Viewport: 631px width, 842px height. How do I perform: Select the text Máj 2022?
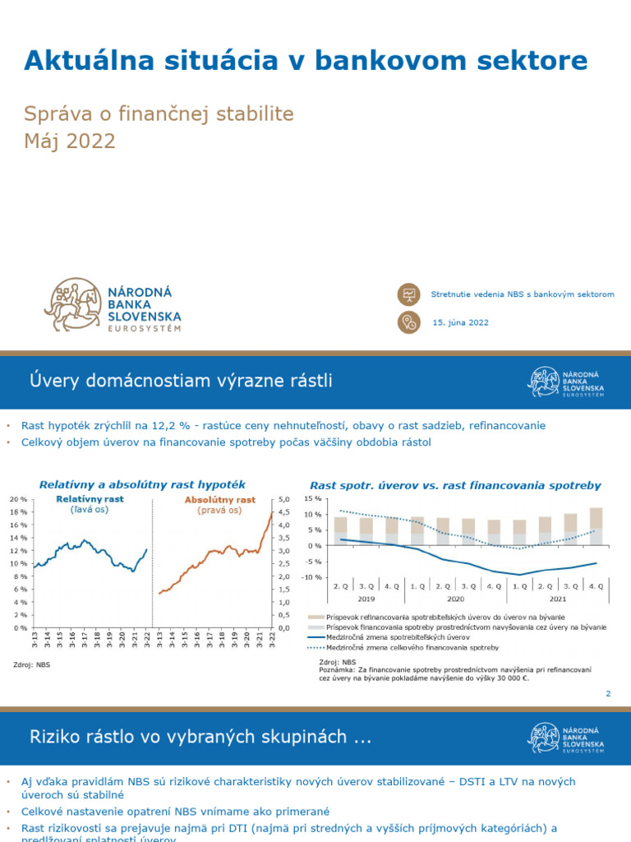click(x=70, y=141)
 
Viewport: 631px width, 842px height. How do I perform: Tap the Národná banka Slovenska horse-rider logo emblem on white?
click(x=74, y=304)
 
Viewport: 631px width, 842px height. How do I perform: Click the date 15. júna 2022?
click(x=460, y=322)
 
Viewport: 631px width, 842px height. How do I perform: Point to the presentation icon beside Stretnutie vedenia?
click(x=408, y=294)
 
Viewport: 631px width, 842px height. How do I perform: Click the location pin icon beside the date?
click(x=408, y=322)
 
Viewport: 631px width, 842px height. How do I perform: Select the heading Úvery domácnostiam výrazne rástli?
click(x=182, y=381)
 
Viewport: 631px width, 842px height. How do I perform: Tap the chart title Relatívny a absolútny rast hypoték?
click(x=142, y=484)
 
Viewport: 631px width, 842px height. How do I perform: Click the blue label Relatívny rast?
click(x=90, y=499)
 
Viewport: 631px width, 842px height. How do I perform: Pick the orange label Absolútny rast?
click(x=220, y=499)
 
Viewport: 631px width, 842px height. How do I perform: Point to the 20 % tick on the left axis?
click(x=19, y=499)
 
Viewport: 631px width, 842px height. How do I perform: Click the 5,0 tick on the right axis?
click(x=285, y=499)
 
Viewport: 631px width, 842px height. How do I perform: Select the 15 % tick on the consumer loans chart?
click(x=313, y=498)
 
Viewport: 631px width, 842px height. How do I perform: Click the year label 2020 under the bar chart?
click(x=455, y=599)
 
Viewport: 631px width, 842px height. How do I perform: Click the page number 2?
click(x=609, y=694)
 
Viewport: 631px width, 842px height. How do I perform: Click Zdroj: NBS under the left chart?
click(x=31, y=664)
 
